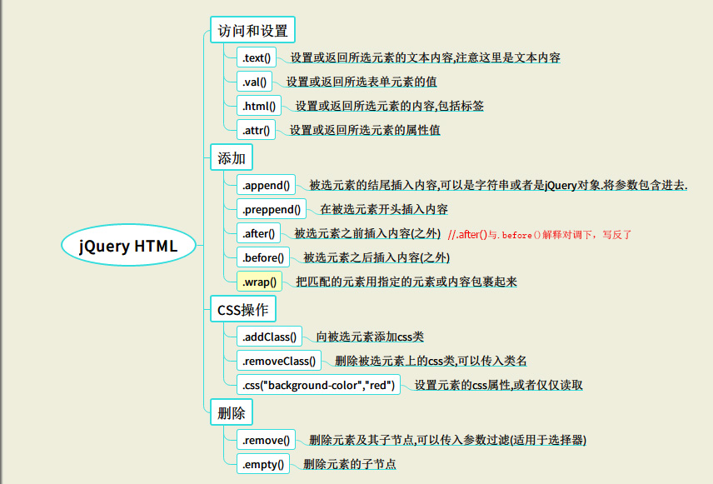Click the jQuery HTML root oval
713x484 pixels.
click(x=128, y=245)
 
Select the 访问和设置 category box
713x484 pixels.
click(x=252, y=30)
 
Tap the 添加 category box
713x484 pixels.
click(x=231, y=157)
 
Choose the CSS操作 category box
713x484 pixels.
click(x=243, y=309)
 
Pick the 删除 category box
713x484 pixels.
click(x=231, y=412)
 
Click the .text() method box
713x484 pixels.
click(x=257, y=57)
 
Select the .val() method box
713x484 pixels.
click(x=254, y=82)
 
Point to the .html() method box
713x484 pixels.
click(x=259, y=106)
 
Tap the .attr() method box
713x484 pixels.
click(x=256, y=130)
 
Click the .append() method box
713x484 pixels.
click(x=266, y=185)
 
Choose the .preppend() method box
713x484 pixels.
click(x=272, y=209)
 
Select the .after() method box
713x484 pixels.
click(x=258, y=233)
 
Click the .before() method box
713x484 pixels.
click(x=263, y=257)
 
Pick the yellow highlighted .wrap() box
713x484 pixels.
click(x=259, y=281)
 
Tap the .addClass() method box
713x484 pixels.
click(x=269, y=337)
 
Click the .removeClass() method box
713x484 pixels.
click(x=279, y=360)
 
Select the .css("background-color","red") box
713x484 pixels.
click(x=318, y=384)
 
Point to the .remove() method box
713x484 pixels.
click(x=266, y=439)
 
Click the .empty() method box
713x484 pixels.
click(x=263, y=463)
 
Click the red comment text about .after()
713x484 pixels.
click(x=540, y=234)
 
